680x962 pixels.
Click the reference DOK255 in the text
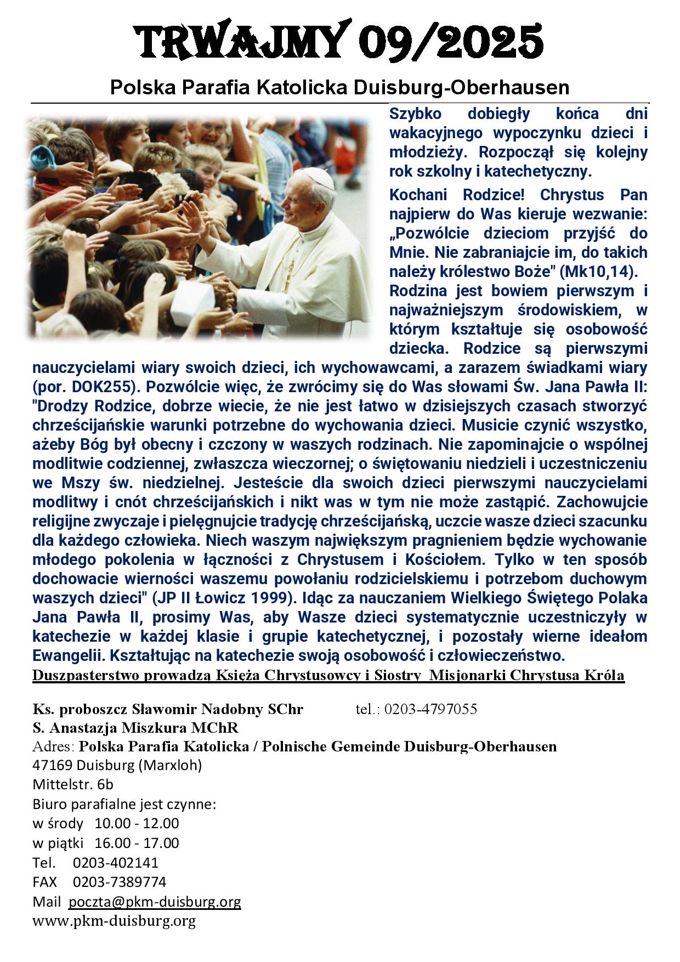tap(102, 387)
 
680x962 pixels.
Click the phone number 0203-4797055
tap(430, 709)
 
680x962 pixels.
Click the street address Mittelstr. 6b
tap(73, 784)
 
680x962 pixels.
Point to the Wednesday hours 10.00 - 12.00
tap(137, 823)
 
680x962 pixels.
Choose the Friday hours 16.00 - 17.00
tap(137, 842)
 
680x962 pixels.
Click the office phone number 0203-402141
tap(115, 862)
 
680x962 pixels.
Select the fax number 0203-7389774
tap(119, 882)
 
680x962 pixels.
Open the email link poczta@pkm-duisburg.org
tap(155, 902)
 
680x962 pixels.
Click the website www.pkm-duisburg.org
tap(114, 921)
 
